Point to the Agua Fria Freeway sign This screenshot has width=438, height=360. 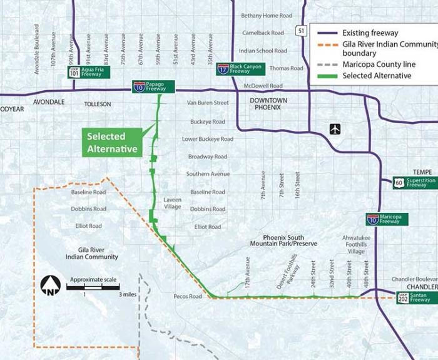tap(89, 72)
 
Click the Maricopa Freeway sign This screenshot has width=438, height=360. tap(387, 219)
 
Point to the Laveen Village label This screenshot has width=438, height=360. tap(173, 203)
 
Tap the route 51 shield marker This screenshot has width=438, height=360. tap(301, 30)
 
